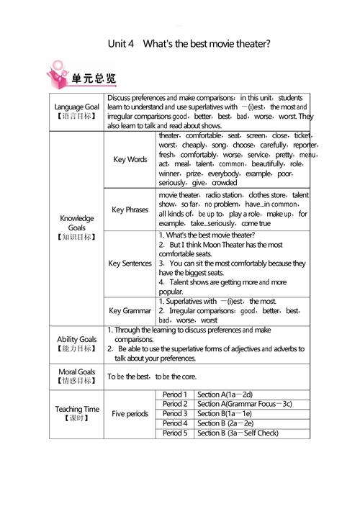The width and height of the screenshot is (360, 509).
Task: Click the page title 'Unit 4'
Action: coord(120,43)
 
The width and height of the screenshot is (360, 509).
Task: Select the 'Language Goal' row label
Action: coord(77,111)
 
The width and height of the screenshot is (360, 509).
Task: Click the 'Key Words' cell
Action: coord(130,159)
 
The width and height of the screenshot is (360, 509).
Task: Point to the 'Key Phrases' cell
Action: coord(130,210)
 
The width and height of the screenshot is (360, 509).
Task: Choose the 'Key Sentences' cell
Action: coord(130,263)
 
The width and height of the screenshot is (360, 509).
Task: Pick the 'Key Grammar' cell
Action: coord(130,310)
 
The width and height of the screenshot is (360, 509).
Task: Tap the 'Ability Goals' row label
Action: coord(77,343)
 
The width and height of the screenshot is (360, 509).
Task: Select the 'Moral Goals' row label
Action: coord(77,376)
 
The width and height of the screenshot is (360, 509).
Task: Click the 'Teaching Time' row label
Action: coord(77,413)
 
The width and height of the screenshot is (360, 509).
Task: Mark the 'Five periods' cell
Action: coord(130,414)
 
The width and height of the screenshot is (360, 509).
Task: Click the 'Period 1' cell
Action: coord(175,395)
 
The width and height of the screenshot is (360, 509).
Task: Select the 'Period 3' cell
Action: coord(175,414)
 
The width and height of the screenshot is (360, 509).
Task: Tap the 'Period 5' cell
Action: coord(175,433)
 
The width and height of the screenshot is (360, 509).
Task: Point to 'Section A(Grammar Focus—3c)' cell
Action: coord(245,404)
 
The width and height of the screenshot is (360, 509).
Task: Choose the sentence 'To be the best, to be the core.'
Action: coord(152,376)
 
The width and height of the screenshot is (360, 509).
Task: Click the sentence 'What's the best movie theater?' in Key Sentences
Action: coord(207,235)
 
